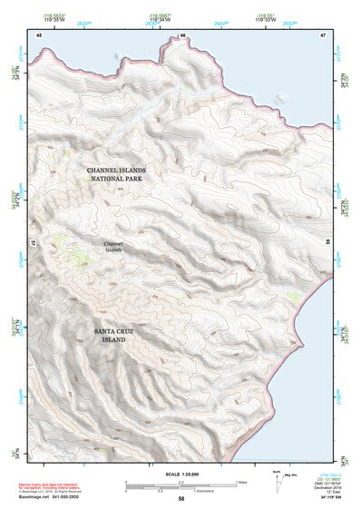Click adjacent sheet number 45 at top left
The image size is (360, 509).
pos(39,34)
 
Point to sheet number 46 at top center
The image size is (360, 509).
pos(182,34)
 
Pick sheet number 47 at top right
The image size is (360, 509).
pos(322,34)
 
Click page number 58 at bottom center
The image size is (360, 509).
pos(181,498)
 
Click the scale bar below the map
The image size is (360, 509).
pos(180,484)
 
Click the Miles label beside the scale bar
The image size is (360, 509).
pos(243,481)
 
